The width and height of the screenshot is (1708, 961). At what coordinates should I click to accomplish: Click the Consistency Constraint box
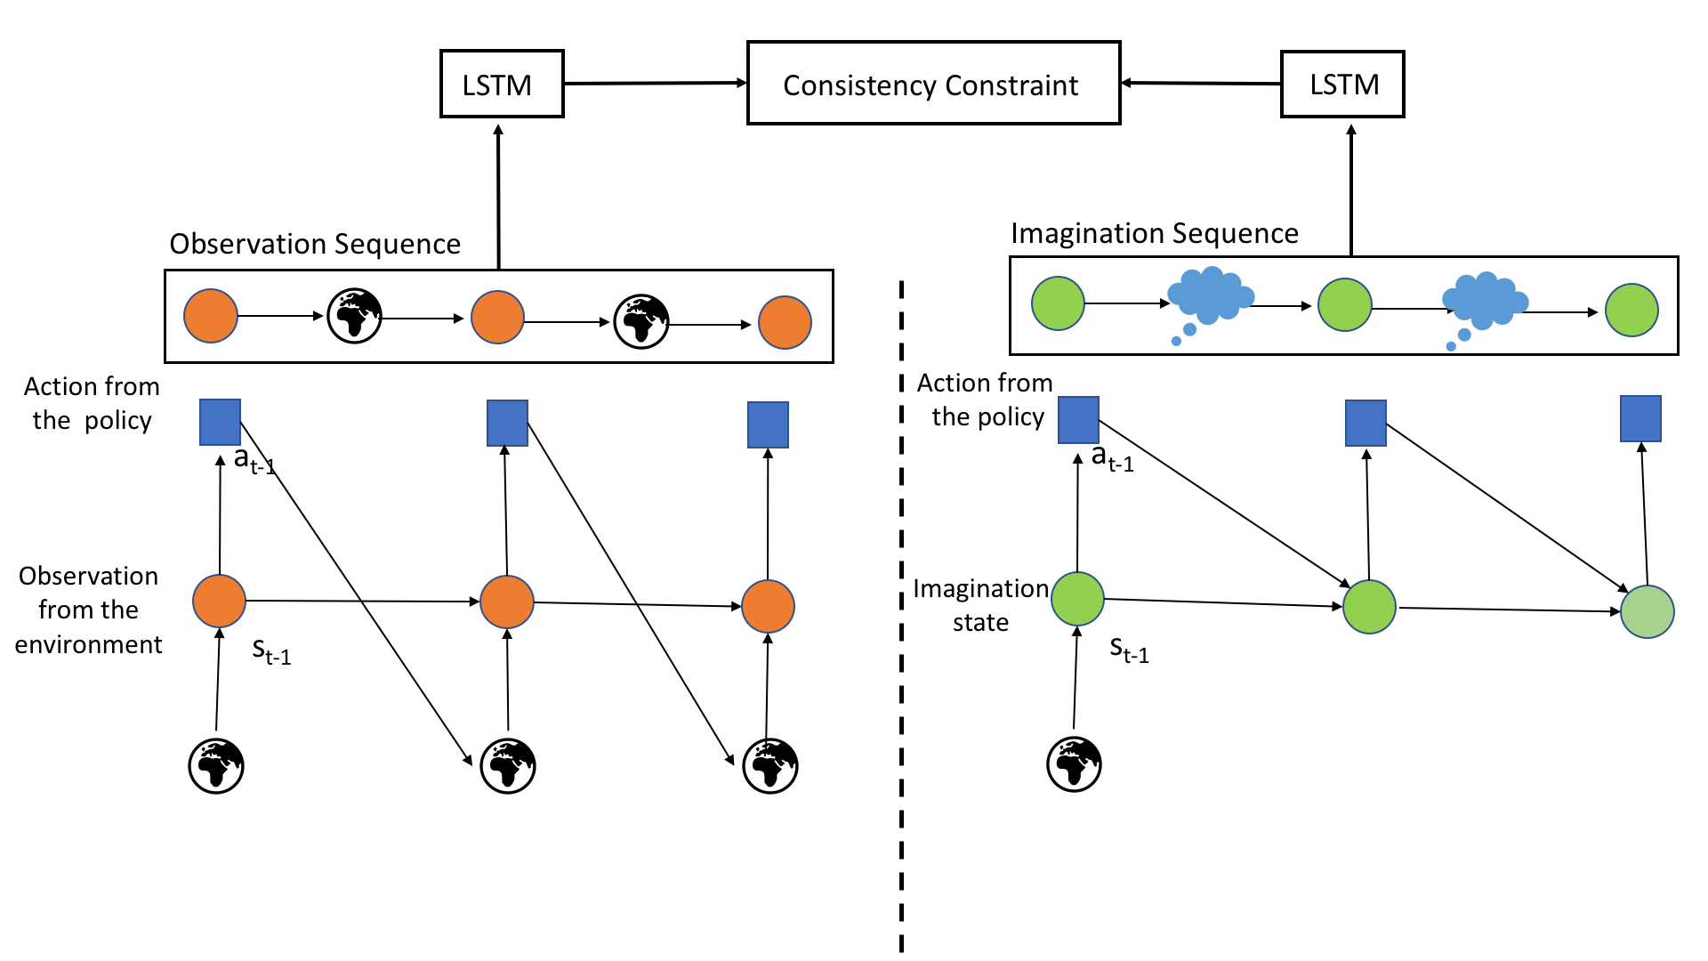tap(933, 83)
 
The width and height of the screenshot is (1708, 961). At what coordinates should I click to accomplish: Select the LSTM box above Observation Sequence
tap(502, 84)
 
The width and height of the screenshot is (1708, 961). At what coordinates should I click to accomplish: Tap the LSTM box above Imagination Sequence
tap(1342, 85)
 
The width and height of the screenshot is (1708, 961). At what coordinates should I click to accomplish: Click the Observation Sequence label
tap(315, 244)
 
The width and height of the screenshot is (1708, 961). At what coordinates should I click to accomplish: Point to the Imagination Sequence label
tap(1154, 233)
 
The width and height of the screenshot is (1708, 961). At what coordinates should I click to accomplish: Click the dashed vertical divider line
tap(901, 623)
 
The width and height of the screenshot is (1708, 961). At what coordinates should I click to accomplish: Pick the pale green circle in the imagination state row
tap(1647, 612)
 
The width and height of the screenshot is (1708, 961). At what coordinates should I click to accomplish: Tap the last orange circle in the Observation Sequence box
tap(785, 322)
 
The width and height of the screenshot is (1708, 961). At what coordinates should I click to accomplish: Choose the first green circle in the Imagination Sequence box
tap(1058, 303)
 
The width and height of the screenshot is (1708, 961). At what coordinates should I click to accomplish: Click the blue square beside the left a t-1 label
tap(220, 422)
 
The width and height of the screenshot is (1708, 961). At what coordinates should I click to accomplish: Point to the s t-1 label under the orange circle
tap(271, 652)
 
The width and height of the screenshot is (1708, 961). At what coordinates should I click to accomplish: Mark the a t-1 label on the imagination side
tap(1112, 459)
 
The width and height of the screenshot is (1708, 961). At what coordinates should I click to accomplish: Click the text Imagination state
tap(980, 605)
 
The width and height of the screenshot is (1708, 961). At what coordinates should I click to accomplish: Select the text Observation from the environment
tap(88, 610)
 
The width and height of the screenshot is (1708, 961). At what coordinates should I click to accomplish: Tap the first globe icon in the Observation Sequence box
tap(354, 316)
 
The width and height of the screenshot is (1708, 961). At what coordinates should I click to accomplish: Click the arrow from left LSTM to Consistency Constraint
tap(655, 84)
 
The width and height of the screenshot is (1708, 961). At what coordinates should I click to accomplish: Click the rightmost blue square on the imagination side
tap(1640, 419)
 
